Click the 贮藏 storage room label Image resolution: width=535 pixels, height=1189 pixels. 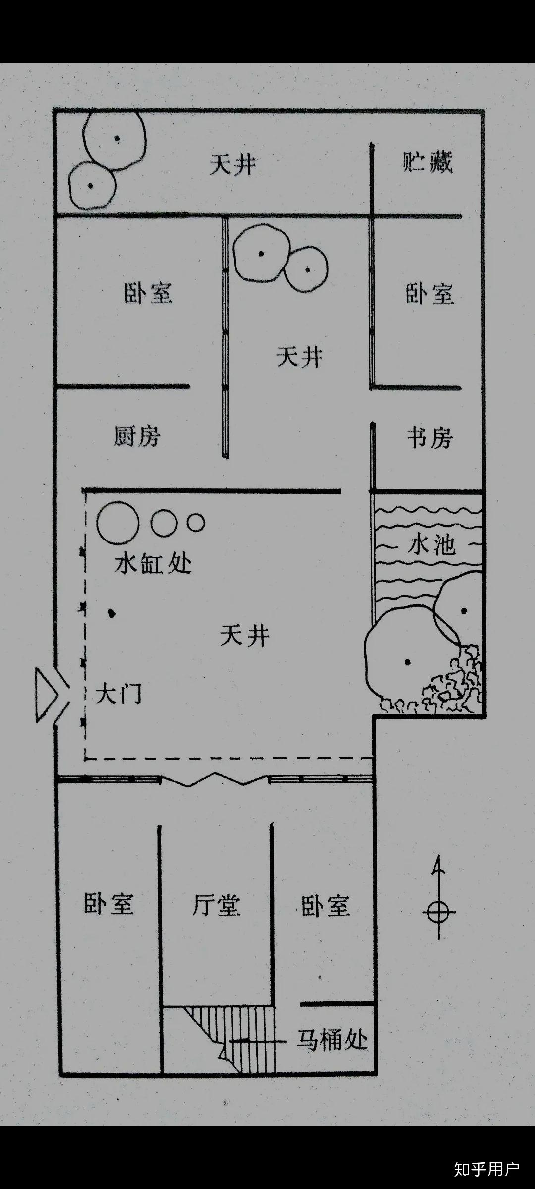tap(428, 162)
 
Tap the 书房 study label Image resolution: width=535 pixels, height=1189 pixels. tap(429, 438)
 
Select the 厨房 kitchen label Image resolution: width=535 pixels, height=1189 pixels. tap(137, 436)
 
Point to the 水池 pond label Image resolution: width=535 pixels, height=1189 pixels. tap(431, 545)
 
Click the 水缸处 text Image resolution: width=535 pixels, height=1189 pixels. tap(153, 564)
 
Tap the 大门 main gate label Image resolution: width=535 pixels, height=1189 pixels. tap(118, 694)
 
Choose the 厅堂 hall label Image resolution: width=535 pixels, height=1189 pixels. tap(216, 905)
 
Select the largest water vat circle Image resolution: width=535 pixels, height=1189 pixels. tap(117, 523)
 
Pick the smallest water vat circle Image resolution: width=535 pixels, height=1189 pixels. tap(196, 522)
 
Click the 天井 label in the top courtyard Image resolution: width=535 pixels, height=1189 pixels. tap(232, 164)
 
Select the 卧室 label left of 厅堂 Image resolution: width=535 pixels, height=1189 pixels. tap(108, 904)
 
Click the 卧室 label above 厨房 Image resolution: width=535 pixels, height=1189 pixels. tap(148, 293)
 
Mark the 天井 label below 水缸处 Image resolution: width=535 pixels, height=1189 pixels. tap(245, 635)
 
